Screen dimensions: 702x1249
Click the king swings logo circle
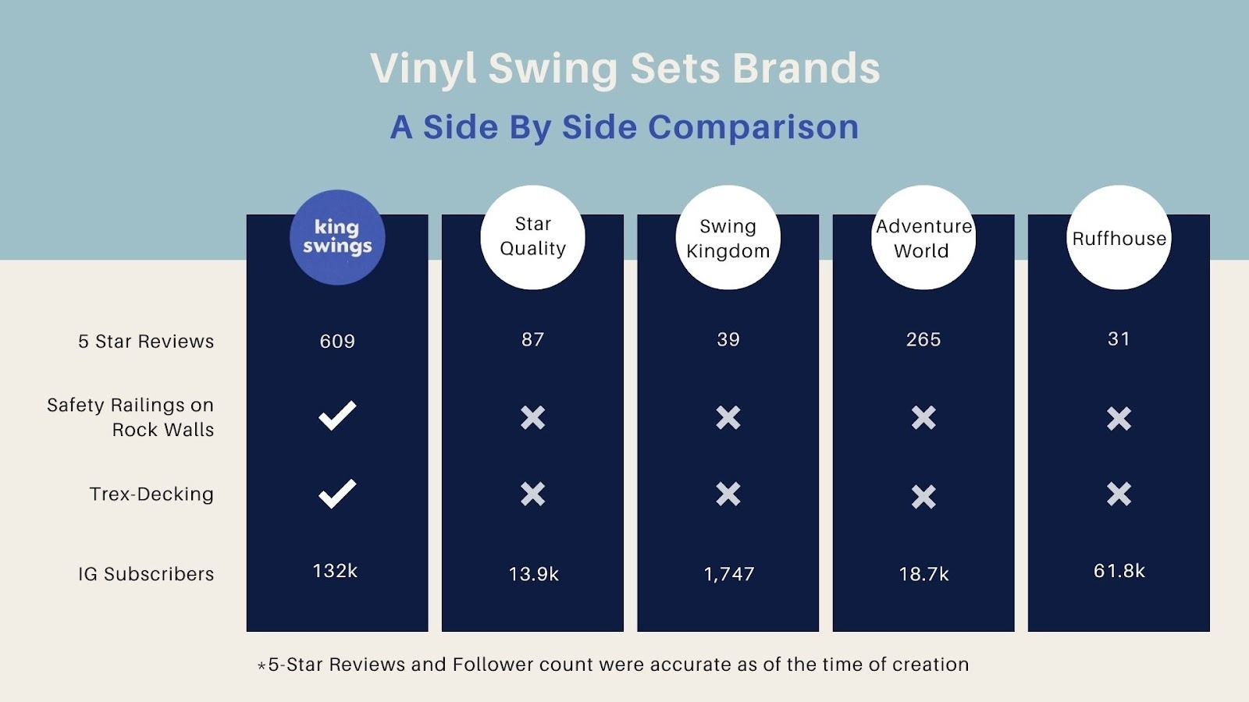click(x=337, y=237)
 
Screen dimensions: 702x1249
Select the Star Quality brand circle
click(x=532, y=237)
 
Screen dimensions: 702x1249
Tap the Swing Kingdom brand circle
click(x=728, y=237)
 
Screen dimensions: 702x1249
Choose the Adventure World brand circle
click(x=923, y=237)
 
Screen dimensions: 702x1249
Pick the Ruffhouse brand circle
click(x=1119, y=237)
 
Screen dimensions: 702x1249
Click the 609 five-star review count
click(x=337, y=341)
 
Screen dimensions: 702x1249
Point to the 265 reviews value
click(x=923, y=339)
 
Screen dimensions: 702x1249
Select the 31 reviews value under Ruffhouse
click(x=1119, y=339)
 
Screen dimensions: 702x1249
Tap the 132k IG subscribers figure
click(x=335, y=571)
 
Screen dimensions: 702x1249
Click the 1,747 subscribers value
click(x=729, y=574)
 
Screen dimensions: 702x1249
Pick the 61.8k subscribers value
click(x=1119, y=571)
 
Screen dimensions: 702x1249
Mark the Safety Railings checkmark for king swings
click(x=337, y=416)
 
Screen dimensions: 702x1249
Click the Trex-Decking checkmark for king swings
click(x=337, y=494)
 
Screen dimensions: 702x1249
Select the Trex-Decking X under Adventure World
click(x=923, y=496)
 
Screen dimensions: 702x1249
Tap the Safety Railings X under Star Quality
click(x=532, y=417)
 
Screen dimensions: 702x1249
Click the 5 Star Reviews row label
click(x=146, y=342)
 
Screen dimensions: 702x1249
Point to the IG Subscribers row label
click(x=146, y=574)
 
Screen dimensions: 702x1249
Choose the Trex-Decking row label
click(x=151, y=495)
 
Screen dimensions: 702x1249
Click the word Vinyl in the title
click(x=422, y=69)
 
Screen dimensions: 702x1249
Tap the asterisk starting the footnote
click(x=262, y=666)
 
